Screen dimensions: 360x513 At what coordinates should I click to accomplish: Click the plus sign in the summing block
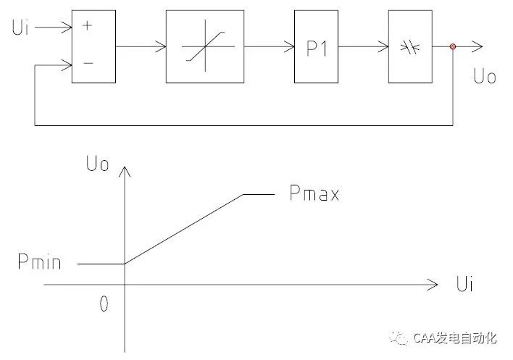[x=88, y=25]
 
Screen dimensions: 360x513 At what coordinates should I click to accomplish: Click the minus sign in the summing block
[x=88, y=63]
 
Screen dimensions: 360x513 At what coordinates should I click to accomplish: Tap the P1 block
[x=317, y=47]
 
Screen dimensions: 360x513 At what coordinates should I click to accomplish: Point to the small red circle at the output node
[x=454, y=47]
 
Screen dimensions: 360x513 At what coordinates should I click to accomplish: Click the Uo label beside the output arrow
[x=483, y=77]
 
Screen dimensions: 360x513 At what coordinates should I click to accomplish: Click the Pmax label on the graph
[x=313, y=194]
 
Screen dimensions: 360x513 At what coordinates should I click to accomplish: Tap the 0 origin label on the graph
[x=104, y=305]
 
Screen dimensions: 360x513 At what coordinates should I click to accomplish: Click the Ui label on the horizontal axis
[x=464, y=283]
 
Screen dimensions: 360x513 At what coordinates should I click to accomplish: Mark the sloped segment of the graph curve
[x=184, y=228]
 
